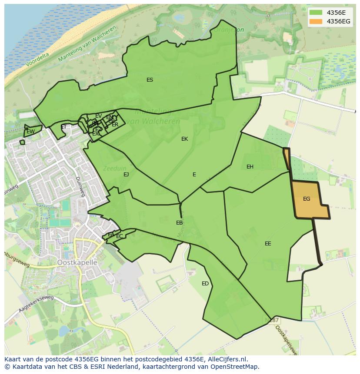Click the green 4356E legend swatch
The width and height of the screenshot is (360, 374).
click(316, 13)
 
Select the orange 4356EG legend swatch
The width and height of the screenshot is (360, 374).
click(316, 21)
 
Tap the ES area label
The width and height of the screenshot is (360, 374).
click(150, 80)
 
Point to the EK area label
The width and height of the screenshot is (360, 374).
click(184, 139)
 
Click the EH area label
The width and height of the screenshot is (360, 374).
click(250, 167)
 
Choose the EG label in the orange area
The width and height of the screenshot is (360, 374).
click(307, 199)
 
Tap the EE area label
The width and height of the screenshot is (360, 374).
click(268, 244)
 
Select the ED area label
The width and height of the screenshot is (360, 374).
click(205, 284)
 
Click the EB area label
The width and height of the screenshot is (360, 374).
click(179, 223)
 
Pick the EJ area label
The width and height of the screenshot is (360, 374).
click(126, 175)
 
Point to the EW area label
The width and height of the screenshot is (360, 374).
click(30, 132)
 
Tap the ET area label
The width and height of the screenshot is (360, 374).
click(64, 127)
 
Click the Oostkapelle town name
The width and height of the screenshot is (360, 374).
click(77, 263)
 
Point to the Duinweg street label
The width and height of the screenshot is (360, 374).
click(79, 186)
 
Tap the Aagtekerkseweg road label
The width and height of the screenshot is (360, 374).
click(36, 304)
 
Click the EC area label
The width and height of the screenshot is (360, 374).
click(119, 236)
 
